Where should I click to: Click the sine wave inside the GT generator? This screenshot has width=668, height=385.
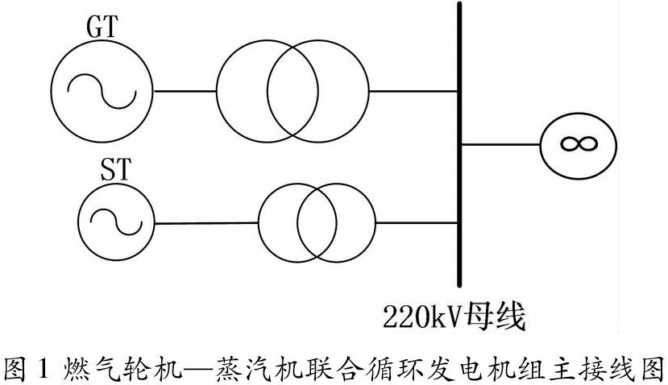tap(101, 90)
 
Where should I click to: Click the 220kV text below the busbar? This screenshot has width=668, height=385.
tap(414, 316)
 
